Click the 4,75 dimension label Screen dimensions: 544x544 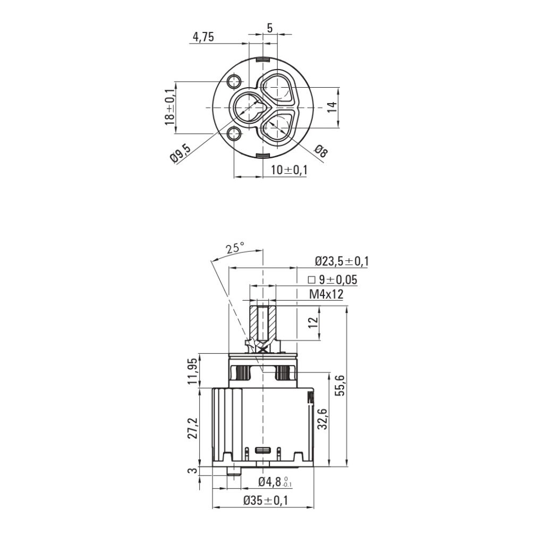pyautogui.click(x=203, y=37)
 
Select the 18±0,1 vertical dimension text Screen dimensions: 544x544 pyautogui.click(x=169, y=107)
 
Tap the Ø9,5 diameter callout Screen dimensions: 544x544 pyautogui.click(x=181, y=154)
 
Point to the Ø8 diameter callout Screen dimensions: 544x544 pyautogui.click(x=320, y=151)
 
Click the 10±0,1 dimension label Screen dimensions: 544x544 pyautogui.click(x=289, y=170)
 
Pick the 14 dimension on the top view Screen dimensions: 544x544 pyautogui.click(x=331, y=107)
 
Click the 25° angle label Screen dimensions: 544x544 pyautogui.click(x=235, y=248)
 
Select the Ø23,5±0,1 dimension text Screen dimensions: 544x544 pyautogui.click(x=342, y=261)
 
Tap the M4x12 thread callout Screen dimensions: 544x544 pyautogui.click(x=326, y=294)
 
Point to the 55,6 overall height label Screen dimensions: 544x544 pyautogui.click(x=341, y=385)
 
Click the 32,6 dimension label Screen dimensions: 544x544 pyautogui.click(x=322, y=419)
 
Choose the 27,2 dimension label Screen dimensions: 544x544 pyautogui.click(x=193, y=428)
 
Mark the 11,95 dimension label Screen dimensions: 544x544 pyautogui.click(x=193, y=370)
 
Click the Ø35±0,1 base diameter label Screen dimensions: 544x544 pyautogui.click(x=266, y=500)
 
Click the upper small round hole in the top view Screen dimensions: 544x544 pyautogui.click(x=234, y=81)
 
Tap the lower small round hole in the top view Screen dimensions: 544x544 pyautogui.click(x=234, y=133)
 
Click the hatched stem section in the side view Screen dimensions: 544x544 pyautogui.click(x=262, y=323)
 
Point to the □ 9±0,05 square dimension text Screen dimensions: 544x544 pyautogui.click(x=333, y=279)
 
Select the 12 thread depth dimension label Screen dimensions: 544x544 pyautogui.click(x=313, y=322)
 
